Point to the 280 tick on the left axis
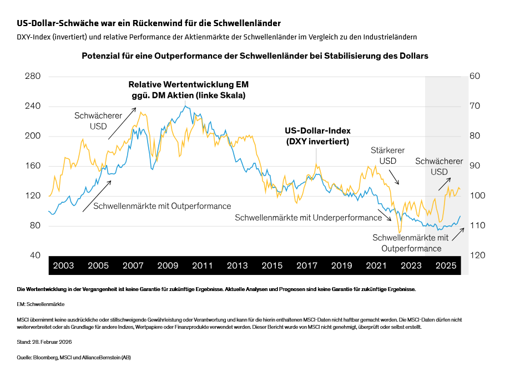33,76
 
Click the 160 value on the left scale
33,166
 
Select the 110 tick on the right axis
477,225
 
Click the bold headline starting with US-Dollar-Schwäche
148,23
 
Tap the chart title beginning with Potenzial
255,56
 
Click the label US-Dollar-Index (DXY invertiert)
317,136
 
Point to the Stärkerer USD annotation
387,156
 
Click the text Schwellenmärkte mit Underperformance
308,218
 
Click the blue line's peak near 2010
186,107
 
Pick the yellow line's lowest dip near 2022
399,232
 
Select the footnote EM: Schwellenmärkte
41,305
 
